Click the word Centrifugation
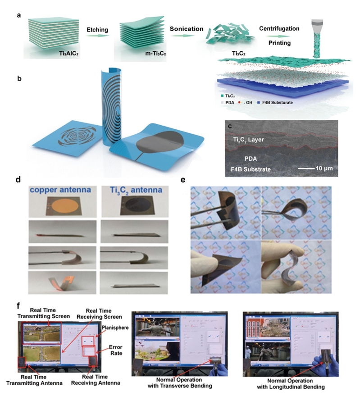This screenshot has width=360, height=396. pos(285,28)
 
